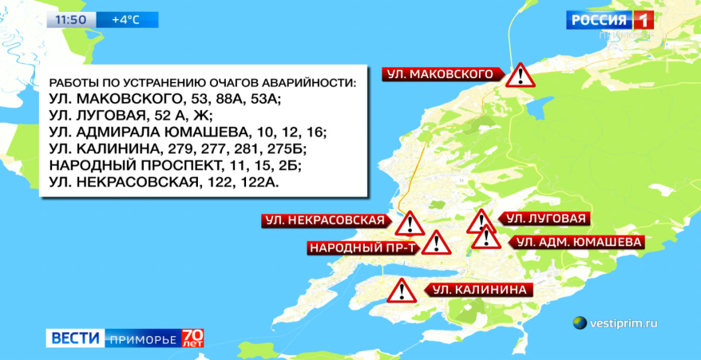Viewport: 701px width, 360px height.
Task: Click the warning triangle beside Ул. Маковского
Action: tap(521, 76)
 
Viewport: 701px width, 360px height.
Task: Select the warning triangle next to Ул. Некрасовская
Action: tap(410, 224)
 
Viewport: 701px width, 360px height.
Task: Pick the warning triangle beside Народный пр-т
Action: tap(435, 243)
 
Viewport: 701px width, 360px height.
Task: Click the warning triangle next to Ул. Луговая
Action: tap(481, 221)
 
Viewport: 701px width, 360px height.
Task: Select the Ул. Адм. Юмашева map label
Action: tap(573, 241)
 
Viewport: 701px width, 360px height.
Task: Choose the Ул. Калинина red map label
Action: tap(477, 289)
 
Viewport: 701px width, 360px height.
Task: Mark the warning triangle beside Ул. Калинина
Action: tap(401, 291)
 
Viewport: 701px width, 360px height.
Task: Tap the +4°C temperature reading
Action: tap(125, 19)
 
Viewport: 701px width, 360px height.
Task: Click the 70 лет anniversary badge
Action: tap(192, 338)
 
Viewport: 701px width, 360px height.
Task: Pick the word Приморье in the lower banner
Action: tap(142, 338)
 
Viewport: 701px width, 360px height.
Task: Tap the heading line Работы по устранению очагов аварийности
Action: tap(202, 83)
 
